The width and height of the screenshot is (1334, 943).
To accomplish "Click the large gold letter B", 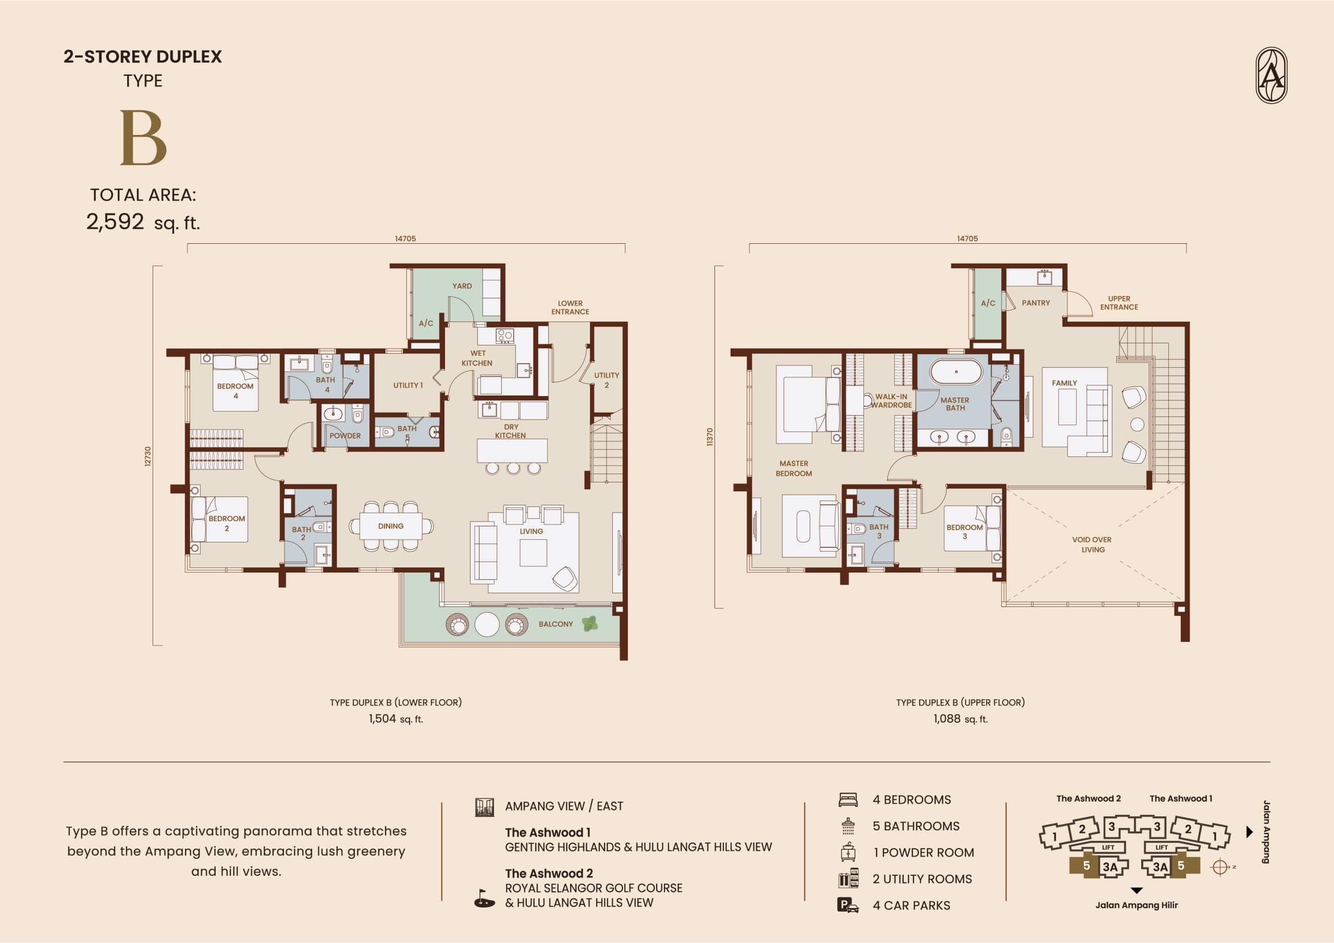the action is click(x=143, y=138).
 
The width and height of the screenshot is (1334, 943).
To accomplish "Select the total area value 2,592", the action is click(x=115, y=221).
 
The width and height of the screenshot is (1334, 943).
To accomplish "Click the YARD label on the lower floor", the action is click(x=462, y=286).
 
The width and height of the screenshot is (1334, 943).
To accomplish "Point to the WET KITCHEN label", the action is click(x=477, y=358).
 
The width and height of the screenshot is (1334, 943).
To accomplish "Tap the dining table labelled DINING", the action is click(x=390, y=526).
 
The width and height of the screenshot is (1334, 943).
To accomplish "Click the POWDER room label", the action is click(x=345, y=436).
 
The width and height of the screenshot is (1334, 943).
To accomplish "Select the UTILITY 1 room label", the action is click(x=408, y=385).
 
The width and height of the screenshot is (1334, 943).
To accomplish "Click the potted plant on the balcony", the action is click(x=590, y=624).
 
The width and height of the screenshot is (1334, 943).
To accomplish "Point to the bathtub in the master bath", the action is click(x=956, y=372).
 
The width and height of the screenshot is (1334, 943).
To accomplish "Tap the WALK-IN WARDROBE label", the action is click(x=891, y=401).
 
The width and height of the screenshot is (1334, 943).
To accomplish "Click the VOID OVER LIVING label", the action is click(x=1092, y=544).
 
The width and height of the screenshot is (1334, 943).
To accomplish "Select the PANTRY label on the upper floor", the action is click(x=1036, y=303).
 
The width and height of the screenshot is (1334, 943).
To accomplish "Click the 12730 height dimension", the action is click(x=147, y=456).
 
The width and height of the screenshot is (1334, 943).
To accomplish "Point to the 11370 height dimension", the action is click(x=709, y=437).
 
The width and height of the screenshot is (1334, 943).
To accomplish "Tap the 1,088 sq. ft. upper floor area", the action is click(x=960, y=719).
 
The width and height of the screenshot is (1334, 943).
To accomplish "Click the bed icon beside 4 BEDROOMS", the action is click(x=848, y=800).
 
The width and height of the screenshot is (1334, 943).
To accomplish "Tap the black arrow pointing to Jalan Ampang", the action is click(x=1250, y=832).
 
